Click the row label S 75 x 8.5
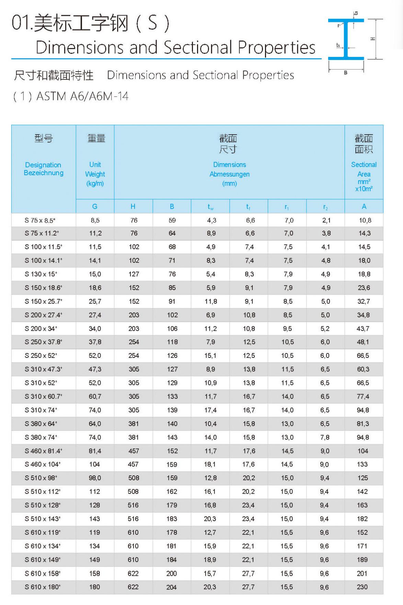(x=40, y=220)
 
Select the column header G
(x=95, y=206)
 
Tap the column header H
(x=133, y=206)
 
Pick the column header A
(x=364, y=206)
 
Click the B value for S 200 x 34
(x=172, y=329)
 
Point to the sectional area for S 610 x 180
(x=362, y=587)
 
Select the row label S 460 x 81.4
(x=43, y=451)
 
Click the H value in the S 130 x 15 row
(x=134, y=274)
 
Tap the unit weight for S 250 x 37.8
(x=95, y=342)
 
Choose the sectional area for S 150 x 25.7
(x=364, y=301)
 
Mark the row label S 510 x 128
(x=43, y=505)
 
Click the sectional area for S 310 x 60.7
(x=363, y=397)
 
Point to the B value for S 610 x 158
(x=172, y=573)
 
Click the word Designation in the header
(x=43, y=165)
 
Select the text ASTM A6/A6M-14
(x=82, y=96)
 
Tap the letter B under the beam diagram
(x=346, y=73)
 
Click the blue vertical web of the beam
(x=346, y=39)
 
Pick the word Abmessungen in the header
(x=229, y=174)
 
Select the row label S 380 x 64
(x=41, y=424)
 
